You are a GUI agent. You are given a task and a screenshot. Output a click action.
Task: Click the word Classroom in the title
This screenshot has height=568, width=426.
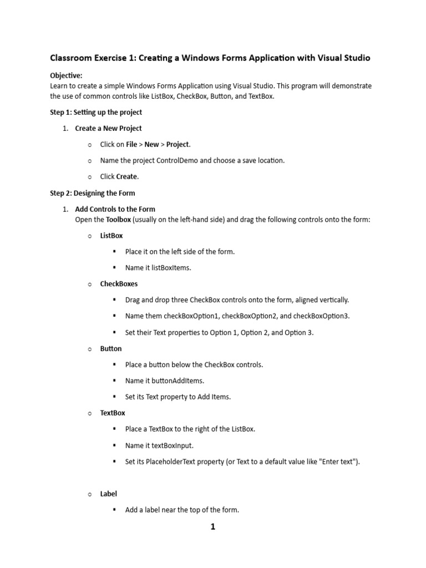tap(71, 58)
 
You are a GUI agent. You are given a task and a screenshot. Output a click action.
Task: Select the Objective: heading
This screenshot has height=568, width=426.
tap(66, 75)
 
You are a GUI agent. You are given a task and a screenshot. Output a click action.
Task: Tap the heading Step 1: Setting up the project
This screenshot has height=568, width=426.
tap(96, 112)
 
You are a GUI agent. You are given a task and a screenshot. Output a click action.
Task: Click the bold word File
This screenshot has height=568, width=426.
tap(131, 144)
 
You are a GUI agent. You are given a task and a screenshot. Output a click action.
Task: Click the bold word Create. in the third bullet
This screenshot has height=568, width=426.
tap(128, 176)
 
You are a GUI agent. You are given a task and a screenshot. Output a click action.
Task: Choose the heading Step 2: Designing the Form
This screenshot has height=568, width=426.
tap(92, 193)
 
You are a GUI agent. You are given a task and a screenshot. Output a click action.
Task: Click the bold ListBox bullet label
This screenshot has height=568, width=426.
tap(111, 235)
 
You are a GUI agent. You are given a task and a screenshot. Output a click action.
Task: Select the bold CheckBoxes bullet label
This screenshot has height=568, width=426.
tap(119, 283)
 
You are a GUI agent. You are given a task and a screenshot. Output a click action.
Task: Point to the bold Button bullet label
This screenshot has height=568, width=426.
tap(111, 348)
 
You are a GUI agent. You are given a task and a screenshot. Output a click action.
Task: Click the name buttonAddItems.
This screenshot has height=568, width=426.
tap(173, 381)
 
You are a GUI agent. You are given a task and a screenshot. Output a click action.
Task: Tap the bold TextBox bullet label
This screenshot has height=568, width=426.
tap(113, 413)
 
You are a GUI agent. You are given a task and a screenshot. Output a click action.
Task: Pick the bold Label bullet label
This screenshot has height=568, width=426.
tap(108, 494)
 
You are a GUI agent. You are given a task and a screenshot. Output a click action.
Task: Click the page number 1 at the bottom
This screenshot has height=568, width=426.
tap(212, 527)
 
